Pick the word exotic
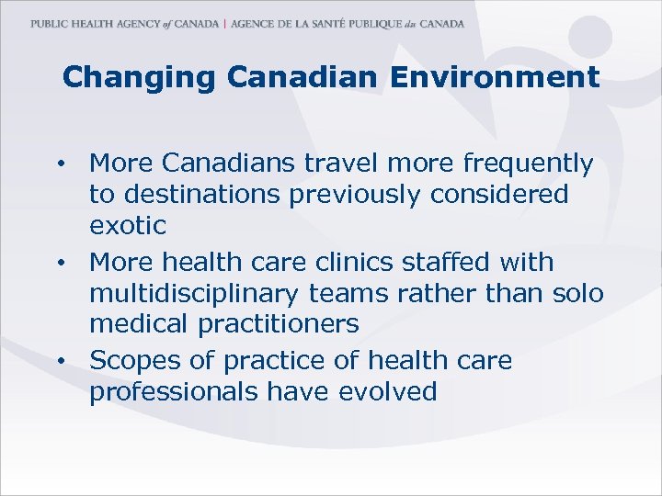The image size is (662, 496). pos(128,225)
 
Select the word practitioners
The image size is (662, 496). pos(265,324)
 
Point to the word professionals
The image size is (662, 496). pos(174,393)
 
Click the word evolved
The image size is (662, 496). pos(388,392)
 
